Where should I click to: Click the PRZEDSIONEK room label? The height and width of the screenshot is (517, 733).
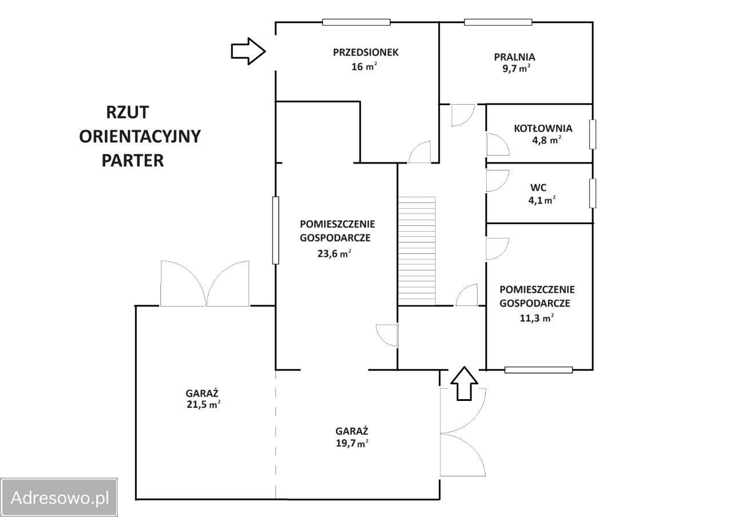click(x=365, y=52)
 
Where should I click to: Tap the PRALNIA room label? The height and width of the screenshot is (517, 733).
click(x=514, y=57)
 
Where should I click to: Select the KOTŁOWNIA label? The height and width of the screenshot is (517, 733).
click(x=543, y=129)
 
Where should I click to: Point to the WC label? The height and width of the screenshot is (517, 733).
click(x=538, y=188)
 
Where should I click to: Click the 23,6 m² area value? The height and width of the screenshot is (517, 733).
click(x=334, y=253)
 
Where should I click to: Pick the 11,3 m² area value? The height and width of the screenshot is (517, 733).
click(x=537, y=317)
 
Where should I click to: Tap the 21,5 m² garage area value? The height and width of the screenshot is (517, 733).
click(x=203, y=404)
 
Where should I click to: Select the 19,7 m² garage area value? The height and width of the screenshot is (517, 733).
click(x=352, y=443)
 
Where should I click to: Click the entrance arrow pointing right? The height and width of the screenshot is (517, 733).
click(x=248, y=51)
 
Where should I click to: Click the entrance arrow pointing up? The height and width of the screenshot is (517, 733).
click(x=464, y=383)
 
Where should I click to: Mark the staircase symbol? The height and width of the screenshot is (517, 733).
click(x=416, y=251)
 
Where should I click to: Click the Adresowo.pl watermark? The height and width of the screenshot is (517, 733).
click(x=59, y=498)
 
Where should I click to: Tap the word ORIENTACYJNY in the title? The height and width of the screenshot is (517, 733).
click(x=140, y=136)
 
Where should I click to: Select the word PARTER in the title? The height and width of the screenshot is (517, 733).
click(x=132, y=161)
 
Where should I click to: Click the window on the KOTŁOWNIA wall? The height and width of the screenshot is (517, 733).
click(x=592, y=134)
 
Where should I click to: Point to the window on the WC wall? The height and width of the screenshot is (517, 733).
click(x=592, y=193)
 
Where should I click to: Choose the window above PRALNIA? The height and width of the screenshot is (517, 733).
click(x=498, y=22)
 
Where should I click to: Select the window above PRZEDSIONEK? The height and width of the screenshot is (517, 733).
click(x=356, y=22)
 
